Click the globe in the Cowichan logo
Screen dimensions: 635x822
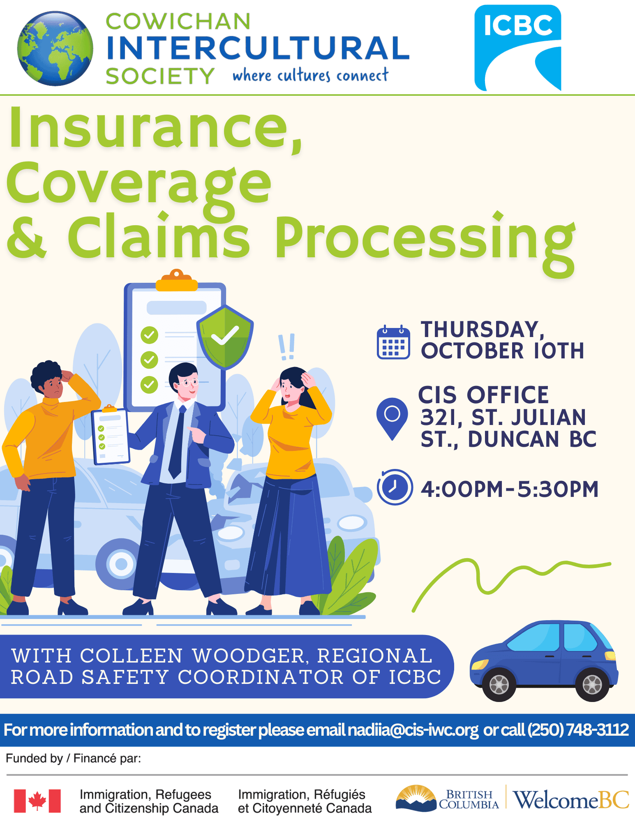coord(55,48)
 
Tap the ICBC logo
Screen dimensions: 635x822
coord(518,48)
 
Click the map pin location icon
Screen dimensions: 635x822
coord(392,419)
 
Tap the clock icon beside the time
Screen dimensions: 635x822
coord(395,487)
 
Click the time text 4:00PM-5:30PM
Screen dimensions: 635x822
coord(510,489)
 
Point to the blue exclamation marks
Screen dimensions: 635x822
coord(286,347)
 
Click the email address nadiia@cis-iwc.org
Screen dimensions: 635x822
coord(413,730)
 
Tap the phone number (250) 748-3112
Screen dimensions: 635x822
coord(578,730)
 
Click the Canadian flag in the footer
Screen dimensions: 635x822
coord(37,801)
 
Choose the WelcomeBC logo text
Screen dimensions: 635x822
coord(571,800)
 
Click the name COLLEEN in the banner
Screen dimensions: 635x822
coord(131,656)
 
